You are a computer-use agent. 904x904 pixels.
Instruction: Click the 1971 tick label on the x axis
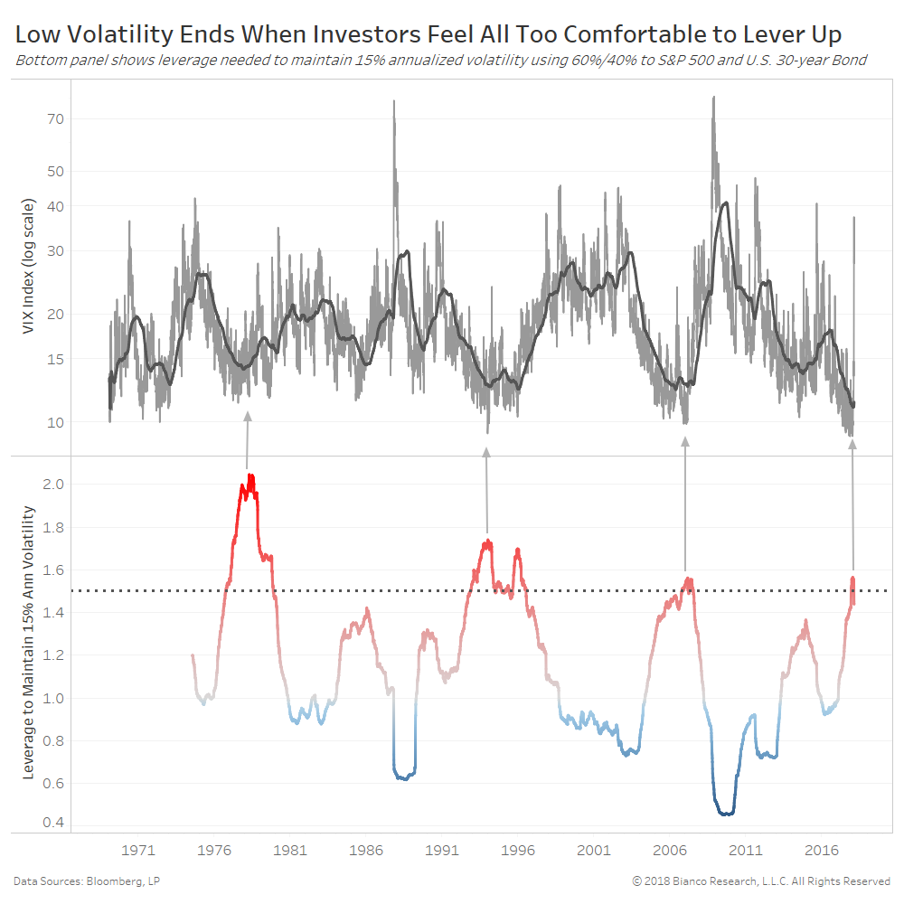click(138, 850)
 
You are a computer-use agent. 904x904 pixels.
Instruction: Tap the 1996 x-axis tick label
click(519, 850)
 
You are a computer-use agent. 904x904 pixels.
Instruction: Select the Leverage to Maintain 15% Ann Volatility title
click(29, 643)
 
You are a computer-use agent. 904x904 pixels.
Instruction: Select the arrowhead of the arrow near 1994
click(486, 452)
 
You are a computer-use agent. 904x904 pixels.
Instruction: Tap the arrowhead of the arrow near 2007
click(684, 442)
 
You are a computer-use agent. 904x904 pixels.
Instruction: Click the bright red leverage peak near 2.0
click(250, 477)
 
